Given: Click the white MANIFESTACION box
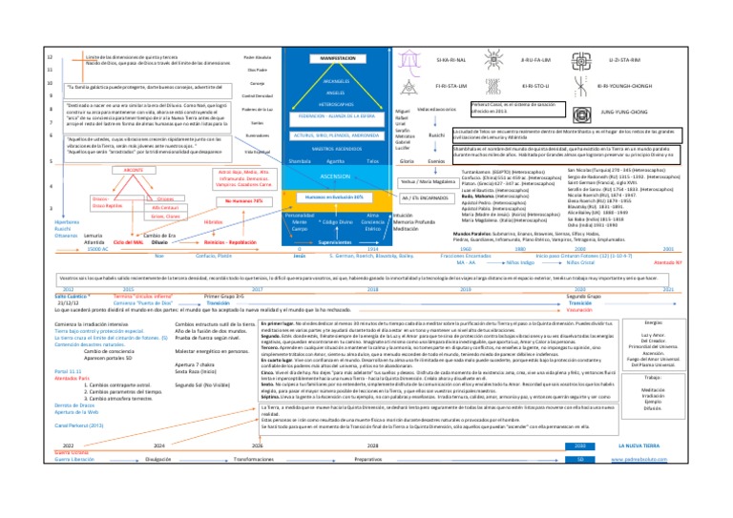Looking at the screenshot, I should [330, 59].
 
